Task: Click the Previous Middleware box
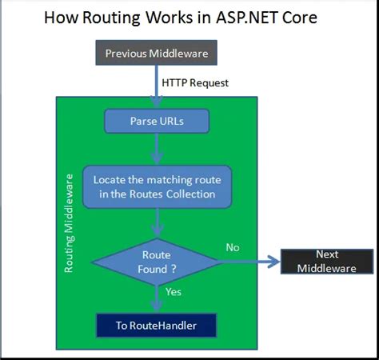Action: click(157, 54)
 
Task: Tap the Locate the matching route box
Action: click(157, 186)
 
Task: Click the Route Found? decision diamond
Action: click(157, 262)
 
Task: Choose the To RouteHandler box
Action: click(157, 325)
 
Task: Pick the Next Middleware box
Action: click(326, 261)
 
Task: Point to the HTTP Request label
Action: click(194, 82)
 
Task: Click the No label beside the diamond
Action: click(232, 247)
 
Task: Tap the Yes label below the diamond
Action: click(174, 292)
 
